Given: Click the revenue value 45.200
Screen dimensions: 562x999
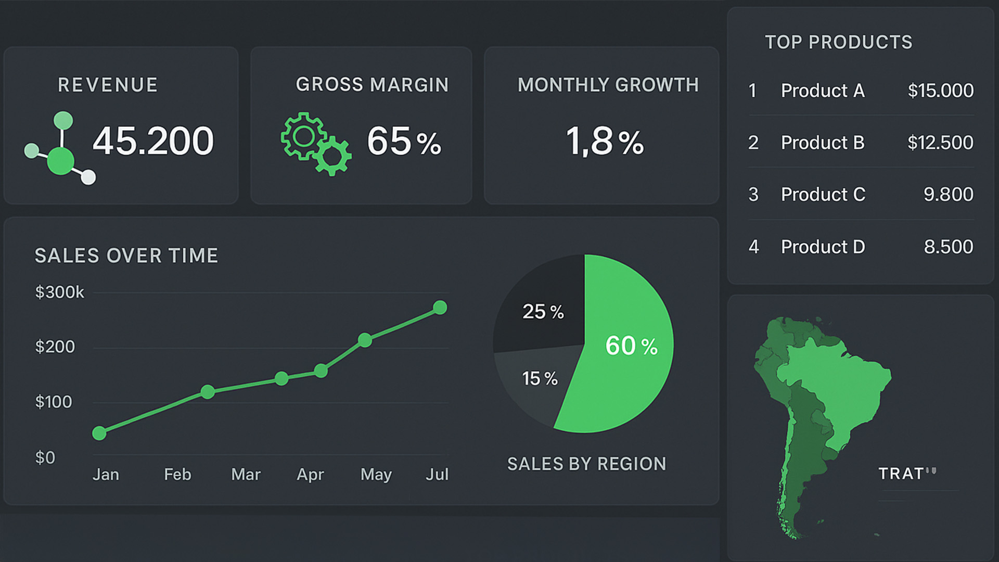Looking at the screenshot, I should point(153,141).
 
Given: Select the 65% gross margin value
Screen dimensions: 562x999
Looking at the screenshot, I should point(404,142).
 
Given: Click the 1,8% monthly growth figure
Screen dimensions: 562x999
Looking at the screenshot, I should point(605,142).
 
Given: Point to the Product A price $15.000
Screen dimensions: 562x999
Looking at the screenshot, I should point(940,91).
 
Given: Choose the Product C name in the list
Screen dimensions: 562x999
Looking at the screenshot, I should point(823,195).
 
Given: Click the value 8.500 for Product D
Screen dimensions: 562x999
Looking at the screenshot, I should point(948,247).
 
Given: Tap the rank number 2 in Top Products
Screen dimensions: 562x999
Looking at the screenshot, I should point(753,143).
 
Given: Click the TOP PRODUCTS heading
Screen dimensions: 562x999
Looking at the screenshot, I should point(838,42).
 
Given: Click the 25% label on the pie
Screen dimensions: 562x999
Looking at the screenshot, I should point(543,312).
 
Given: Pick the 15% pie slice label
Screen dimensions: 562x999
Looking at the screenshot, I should point(540,378).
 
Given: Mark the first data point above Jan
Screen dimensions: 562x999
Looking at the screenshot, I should point(99,433).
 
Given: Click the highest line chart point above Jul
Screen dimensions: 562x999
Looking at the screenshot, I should point(440,308).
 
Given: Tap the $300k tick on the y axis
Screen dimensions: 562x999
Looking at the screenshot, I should point(59,292).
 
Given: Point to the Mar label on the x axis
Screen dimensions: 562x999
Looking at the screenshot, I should point(246,475).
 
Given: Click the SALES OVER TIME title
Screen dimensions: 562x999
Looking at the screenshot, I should point(126,256).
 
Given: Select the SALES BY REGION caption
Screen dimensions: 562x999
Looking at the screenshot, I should point(586,464).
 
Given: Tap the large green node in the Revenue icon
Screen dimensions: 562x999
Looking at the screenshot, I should point(61,161).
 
